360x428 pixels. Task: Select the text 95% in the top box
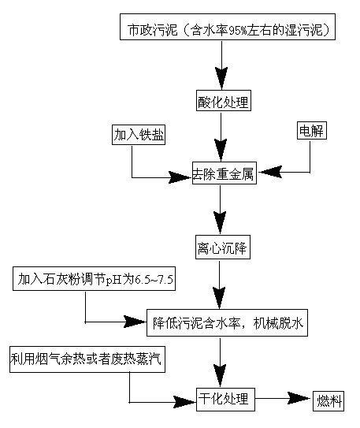(x=237, y=30)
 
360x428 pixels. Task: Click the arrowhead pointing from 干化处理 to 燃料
(x=299, y=399)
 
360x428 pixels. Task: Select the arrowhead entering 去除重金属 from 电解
(x=270, y=172)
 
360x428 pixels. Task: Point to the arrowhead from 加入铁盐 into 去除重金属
(x=180, y=177)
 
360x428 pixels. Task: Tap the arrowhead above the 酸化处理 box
(x=221, y=78)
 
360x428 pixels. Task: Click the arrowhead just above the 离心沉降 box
(x=220, y=223)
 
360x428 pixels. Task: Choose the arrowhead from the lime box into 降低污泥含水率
(x=135, y=322)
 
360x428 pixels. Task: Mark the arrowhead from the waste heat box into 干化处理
(x=184, y=402)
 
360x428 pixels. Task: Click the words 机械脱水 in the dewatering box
(x=278, y=323)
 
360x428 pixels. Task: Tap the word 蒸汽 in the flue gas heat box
(x=149, y=359)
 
